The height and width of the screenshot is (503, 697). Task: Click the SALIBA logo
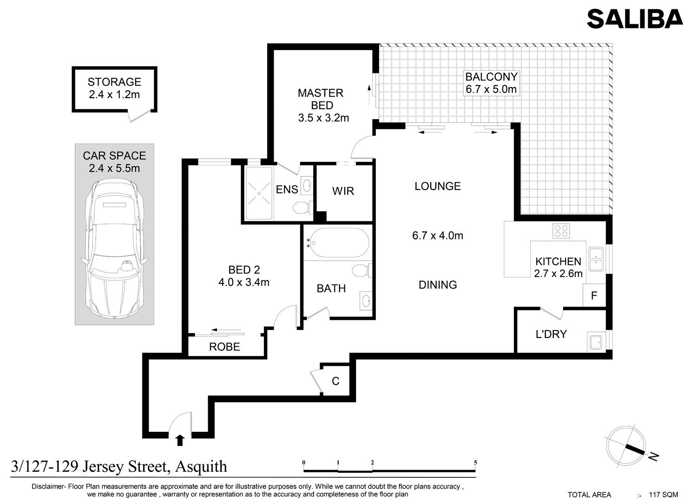(x=635, y=19)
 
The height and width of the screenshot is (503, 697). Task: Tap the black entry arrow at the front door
(x=180, y=440)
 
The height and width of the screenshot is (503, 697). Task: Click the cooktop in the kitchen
(x=561, y=231)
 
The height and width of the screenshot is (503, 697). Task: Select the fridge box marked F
(x=594, y=295)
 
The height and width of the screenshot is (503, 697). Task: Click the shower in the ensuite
(x=259, y=193)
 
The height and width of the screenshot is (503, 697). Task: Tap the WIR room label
(x=343, y=191)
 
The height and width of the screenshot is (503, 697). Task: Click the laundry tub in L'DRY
(x=596, y=342)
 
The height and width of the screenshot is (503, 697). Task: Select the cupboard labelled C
(x=335, y=381)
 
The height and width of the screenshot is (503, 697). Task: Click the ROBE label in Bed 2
(x=224, y=347)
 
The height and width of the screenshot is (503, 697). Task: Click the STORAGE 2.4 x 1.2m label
(x=114, y=88)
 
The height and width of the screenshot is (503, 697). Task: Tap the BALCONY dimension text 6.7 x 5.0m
(x=491, y=89)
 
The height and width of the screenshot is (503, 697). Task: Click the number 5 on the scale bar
(x=475, y=463)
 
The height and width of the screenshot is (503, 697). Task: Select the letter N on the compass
(x=653, y=457)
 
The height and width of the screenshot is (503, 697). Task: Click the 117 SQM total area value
(x=664, y=495)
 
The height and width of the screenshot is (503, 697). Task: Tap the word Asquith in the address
(x=201, y=467)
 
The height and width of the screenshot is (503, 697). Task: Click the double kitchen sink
(x=596, y=259)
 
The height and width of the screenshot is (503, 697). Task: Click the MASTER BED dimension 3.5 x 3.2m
(x=323, y=118)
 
